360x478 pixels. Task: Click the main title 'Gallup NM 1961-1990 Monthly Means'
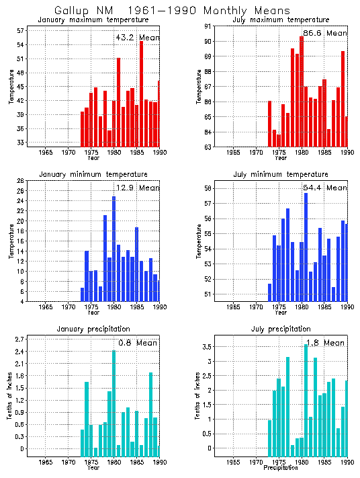point(172,11)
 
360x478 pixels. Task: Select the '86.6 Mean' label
point(325,33)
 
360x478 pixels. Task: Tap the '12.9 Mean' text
point(138,188)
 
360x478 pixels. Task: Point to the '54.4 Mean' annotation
point(325,188)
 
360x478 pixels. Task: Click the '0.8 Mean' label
point(138,343)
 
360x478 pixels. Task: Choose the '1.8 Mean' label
point(325,343)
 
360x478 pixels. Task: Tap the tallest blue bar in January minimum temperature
point(114,249)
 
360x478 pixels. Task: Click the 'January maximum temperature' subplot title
point(93,19)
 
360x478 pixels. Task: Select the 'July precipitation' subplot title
point(281,329)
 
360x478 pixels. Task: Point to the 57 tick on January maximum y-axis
point(21,31)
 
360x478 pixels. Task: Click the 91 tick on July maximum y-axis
point(208,26)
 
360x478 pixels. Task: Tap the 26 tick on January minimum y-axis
point(21,181)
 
